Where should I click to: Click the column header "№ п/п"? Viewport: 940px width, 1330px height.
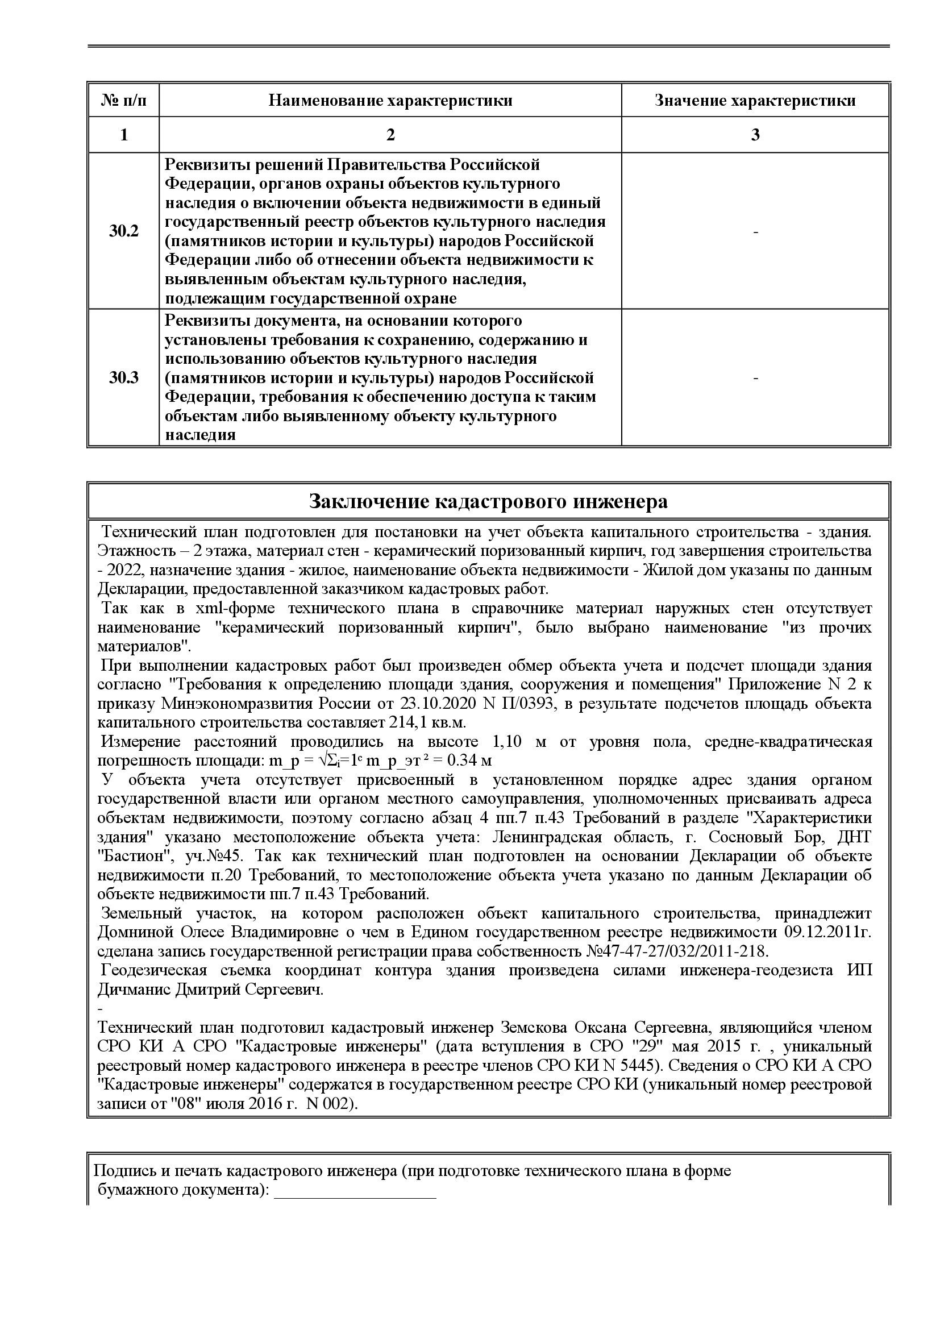pyautogui.click(x=123, y=101)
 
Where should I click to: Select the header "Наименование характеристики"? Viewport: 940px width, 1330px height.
pyautogui.click(x=390, y=101)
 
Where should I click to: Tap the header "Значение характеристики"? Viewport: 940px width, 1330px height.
pyautogui.click(x=755, y=101)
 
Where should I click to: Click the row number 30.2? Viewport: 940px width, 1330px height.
pyautogui.click(x=123, y=231)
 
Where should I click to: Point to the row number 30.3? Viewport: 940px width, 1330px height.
pyautogui.click(x=123, y=377)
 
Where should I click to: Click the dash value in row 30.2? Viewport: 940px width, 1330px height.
pyautogui.click(x=755, y=232)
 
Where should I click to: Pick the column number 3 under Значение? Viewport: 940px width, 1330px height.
pyautogui.click(x=755, y=135)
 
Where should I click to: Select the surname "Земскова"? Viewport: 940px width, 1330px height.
pyautogui.click(x=531, y=1028)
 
